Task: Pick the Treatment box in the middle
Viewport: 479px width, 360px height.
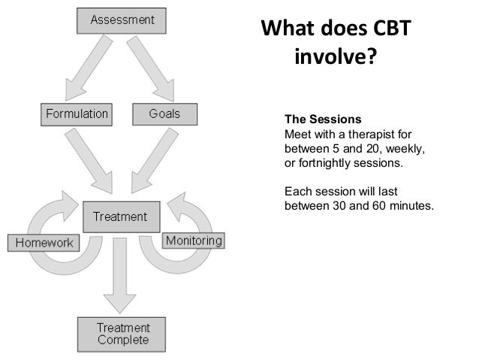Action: click(120, 217)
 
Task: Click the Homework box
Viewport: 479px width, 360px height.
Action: click(42, 243)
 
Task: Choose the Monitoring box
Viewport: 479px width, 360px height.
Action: click(194, 241)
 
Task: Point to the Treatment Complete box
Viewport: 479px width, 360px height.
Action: click(124, 334)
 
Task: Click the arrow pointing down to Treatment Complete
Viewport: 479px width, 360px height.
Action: click(120, 274)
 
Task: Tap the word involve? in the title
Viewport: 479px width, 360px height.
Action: click(333, 58)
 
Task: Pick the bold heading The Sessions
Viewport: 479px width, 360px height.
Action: click(323, 119)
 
